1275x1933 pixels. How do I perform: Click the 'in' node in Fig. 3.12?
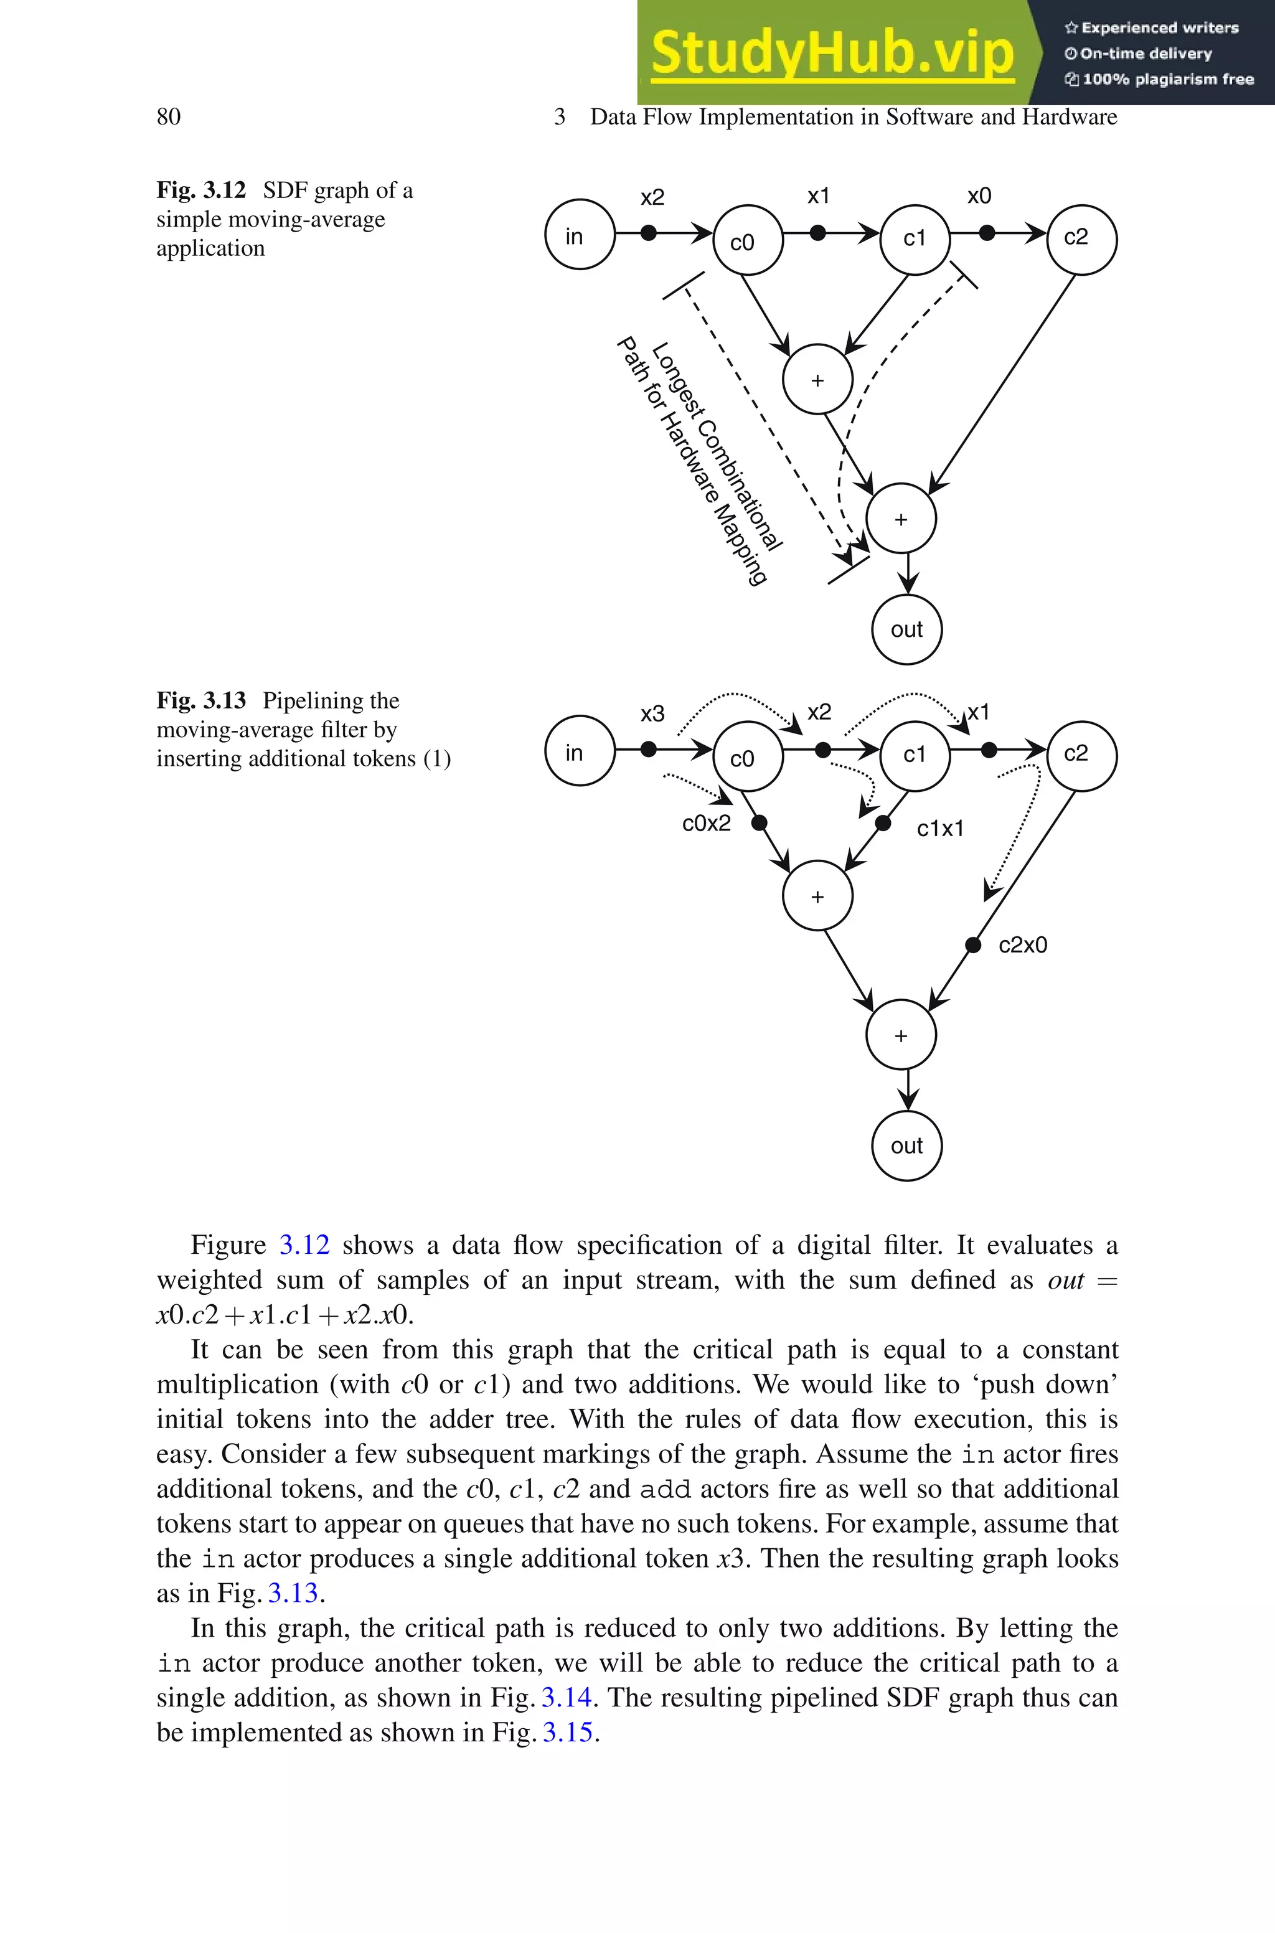[x=579, y=235]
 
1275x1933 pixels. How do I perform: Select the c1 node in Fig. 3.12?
[x=915, y=238]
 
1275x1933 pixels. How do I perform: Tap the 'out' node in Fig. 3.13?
[x=906, y=1145]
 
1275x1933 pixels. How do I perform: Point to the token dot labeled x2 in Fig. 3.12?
[x=648, y=233]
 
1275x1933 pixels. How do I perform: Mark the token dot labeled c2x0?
[x=972, y=944]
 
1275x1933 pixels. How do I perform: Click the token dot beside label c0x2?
[x=759, y=824]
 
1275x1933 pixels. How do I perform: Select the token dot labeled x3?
[x=648, y=750]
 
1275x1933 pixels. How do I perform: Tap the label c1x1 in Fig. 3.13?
[x=940, y=829]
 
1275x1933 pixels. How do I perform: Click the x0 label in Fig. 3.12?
[x=979, y=196]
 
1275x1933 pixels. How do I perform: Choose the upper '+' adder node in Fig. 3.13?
[x=817, y=896]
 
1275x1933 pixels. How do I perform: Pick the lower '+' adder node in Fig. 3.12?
[x=901, y=519]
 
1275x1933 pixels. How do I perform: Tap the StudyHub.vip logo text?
[x=832, y=54]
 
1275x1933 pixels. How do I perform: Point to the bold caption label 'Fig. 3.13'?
[x=201, y=701]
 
